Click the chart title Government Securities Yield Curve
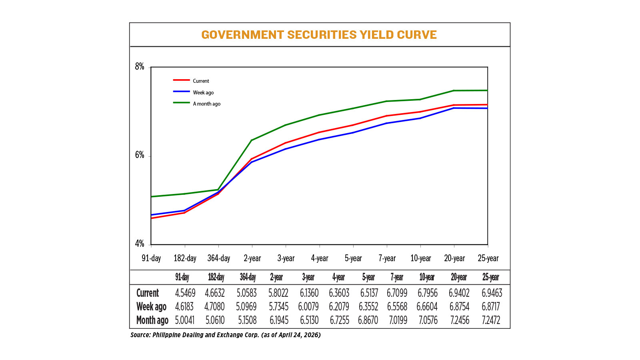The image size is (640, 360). click(x=319, y=35)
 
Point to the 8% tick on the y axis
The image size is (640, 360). click(x=140, y=67)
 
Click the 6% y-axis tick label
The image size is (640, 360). click(x=140, y=155)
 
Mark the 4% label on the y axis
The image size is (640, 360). click(x=140, y=244)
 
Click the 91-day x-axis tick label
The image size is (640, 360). click(x=151, y=258)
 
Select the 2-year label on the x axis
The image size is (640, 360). click(x=252, y=258)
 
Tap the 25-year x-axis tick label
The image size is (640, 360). click(x=488, y=258)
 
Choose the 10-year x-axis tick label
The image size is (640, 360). click(x=421, y=258)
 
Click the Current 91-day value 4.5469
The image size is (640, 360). click(x=185, y=293)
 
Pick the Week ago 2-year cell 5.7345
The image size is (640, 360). click(x=278, y=306)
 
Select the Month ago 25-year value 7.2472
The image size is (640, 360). click(x=491, y=320)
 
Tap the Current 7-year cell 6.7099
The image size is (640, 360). click(x=397, y=293)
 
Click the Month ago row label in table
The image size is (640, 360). click(x=152, y=320)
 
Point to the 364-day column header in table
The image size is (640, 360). click(x=248, y=277)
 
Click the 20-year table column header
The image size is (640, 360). click(x=459, y=277)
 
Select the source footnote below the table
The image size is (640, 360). click(x=225, y=335)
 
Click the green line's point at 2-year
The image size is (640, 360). click(x=252, y=140)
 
